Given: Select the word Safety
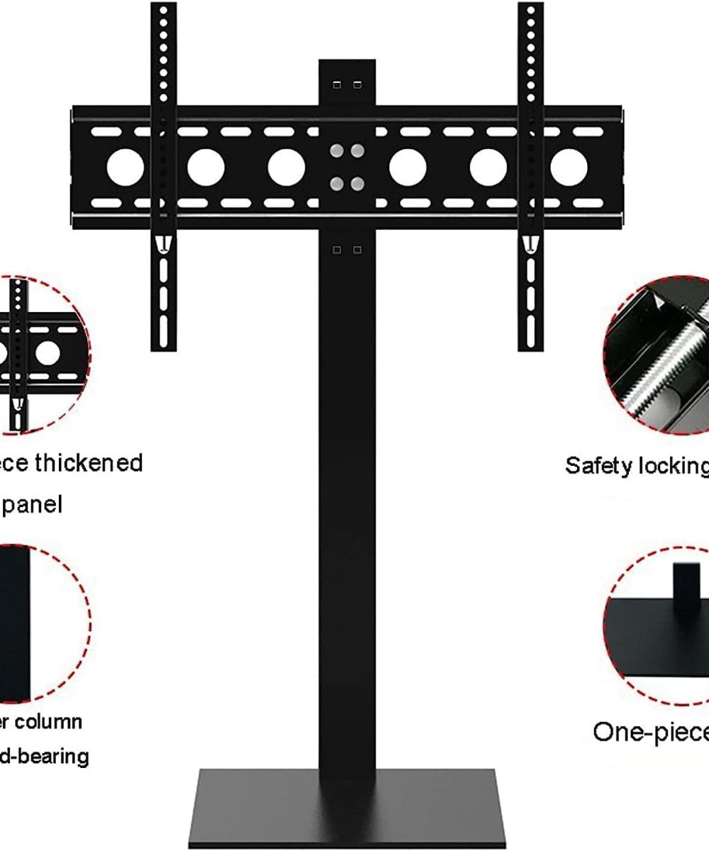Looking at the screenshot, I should pyautogui.click(x=600, y=466).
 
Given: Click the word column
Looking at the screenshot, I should pyautogui.click(x=50, y=722).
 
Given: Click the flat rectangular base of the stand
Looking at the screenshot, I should pyautogui.click(x=347, y=808).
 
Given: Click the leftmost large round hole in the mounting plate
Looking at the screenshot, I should pyautogui.click(x=125, y=168).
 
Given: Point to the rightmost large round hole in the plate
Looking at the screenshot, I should pyautogui.click(x=569, y=168).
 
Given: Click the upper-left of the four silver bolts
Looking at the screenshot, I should pyautogui.click(x=337, y=151).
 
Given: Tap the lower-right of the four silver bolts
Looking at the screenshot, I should pyautogui.click(x=357, y=184).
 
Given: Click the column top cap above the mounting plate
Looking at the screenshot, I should pyautogui.click(x=347, y=82).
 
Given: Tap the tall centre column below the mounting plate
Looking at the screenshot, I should pyautogui.click(x=347, y=496).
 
